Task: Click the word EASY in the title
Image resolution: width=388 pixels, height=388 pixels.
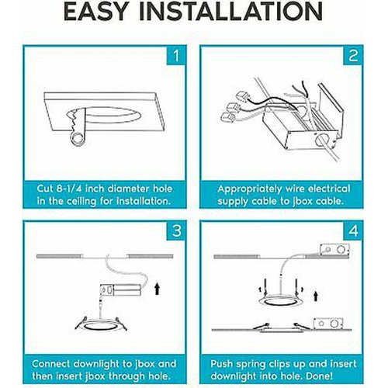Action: pyautogui.click(x=96, y=12)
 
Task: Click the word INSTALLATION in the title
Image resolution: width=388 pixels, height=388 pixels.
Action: pyautogui.click(x=230, y=12)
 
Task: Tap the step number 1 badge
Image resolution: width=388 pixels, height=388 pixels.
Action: pyautogui.click(x=176, y=55)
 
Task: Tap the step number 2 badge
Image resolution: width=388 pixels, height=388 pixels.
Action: pyautogui.click(x=353, y=55)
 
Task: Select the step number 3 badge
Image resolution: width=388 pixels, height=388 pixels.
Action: pyautogui.click(x=176, y=230)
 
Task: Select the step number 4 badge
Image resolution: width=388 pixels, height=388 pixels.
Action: pyautogui.click(x=353, y=230)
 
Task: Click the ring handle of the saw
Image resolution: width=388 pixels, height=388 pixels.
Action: pyautogui.click(x=78, y=139)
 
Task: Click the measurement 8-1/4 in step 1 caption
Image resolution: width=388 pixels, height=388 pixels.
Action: pyautogui.click(x=69, y=189)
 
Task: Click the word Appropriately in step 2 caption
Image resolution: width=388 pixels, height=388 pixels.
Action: pyautogui.click(x=250, y=189)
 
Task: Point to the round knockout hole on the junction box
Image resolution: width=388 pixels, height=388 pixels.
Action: pyautogui.click(x=320, y=140)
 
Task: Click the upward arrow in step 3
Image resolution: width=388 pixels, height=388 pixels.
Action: pyautogui.click(x=157, y=289)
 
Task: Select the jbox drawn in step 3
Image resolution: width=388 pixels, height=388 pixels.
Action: pyautogui.click(x=121, y=290)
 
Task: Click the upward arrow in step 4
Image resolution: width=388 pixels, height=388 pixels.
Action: pyautogui.click(x=315, y=296)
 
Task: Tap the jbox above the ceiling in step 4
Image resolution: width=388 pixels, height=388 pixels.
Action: pyautogui.click(x=334, y=250)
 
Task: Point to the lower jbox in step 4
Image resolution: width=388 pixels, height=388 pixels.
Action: pyautogui.click(x=328, y=324)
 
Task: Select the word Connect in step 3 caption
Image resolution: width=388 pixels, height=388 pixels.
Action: pyautogui.click(x=51, y=364)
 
